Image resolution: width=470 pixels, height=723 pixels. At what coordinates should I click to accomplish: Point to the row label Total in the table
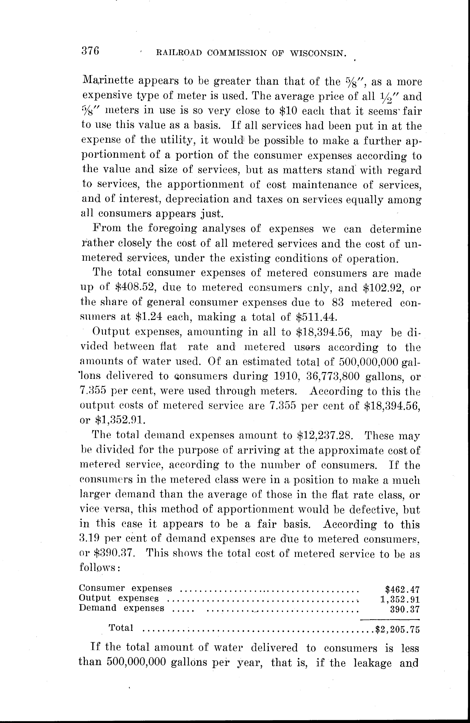(121, 628)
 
